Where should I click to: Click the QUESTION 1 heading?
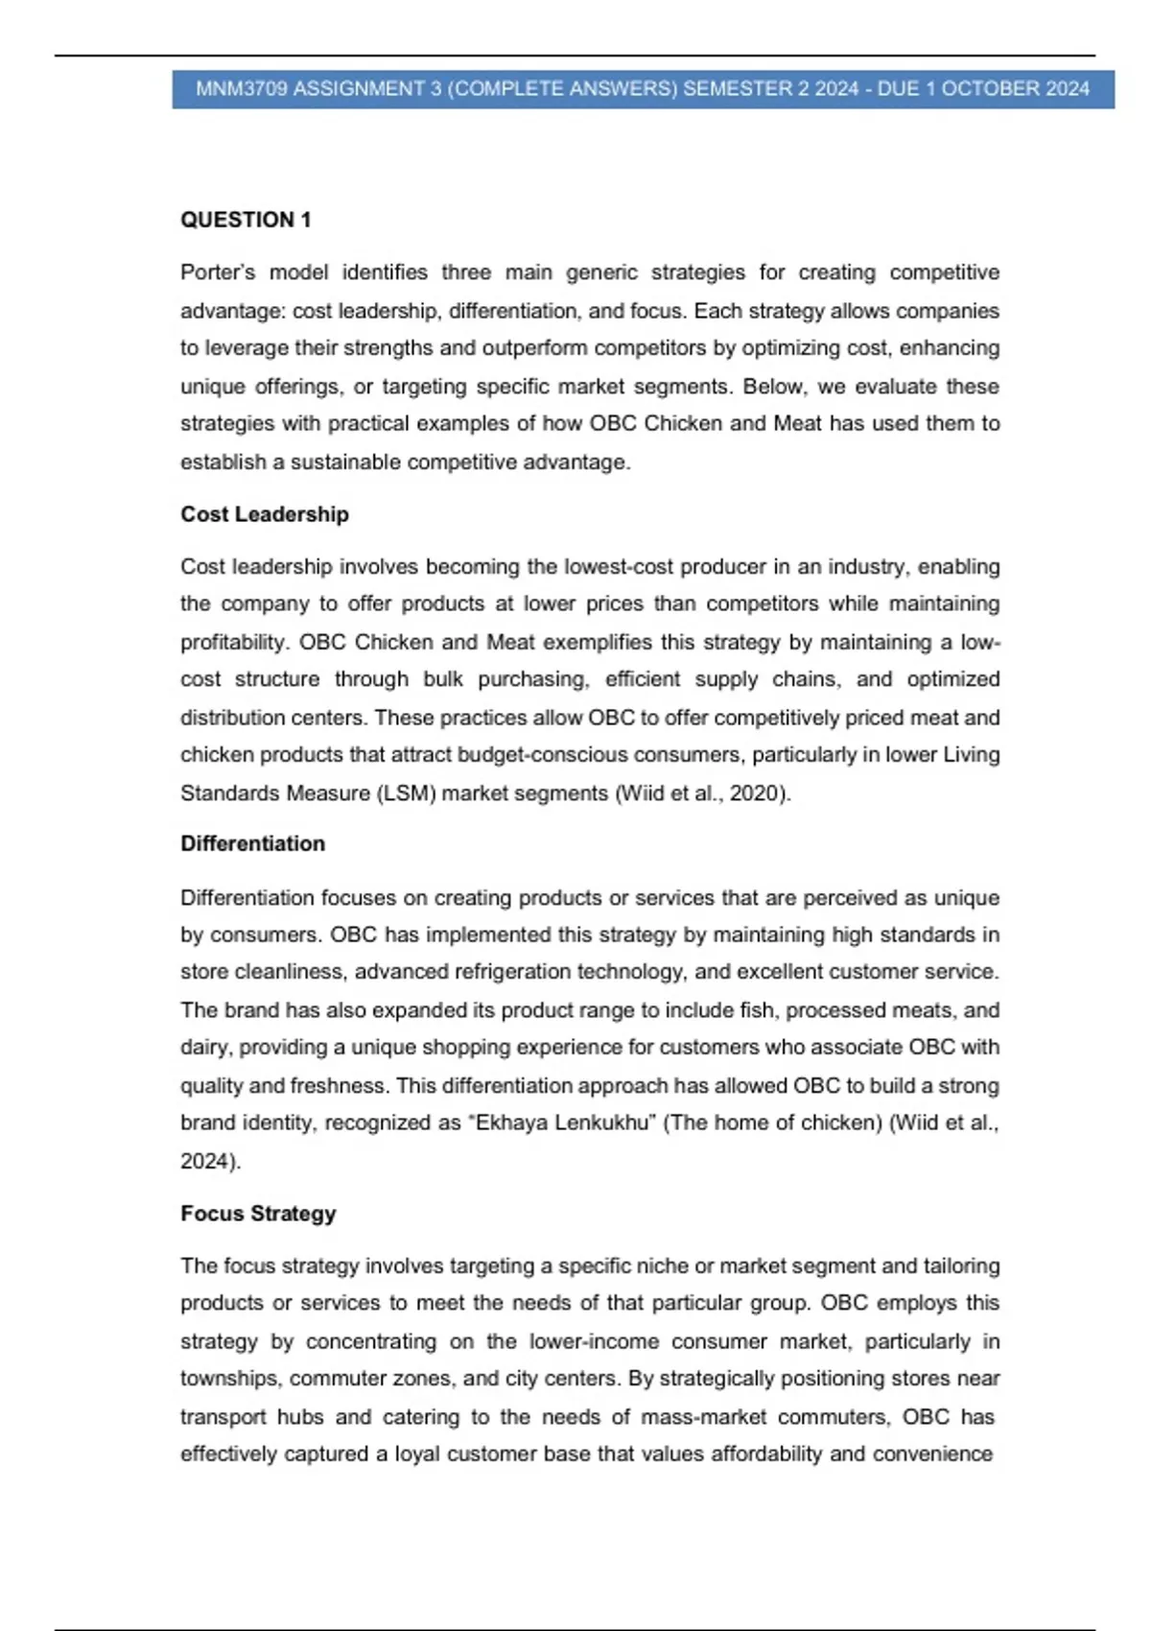pos(246,220)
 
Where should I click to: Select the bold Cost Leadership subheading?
pos(265,514)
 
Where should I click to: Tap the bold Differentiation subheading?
pos(253,843)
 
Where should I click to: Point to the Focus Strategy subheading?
pos(258,1214)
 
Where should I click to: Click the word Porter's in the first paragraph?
pos(218,272)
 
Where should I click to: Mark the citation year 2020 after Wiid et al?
pos(760,793)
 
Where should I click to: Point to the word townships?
pos(231,1379)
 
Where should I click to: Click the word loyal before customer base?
pos(416,1454)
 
